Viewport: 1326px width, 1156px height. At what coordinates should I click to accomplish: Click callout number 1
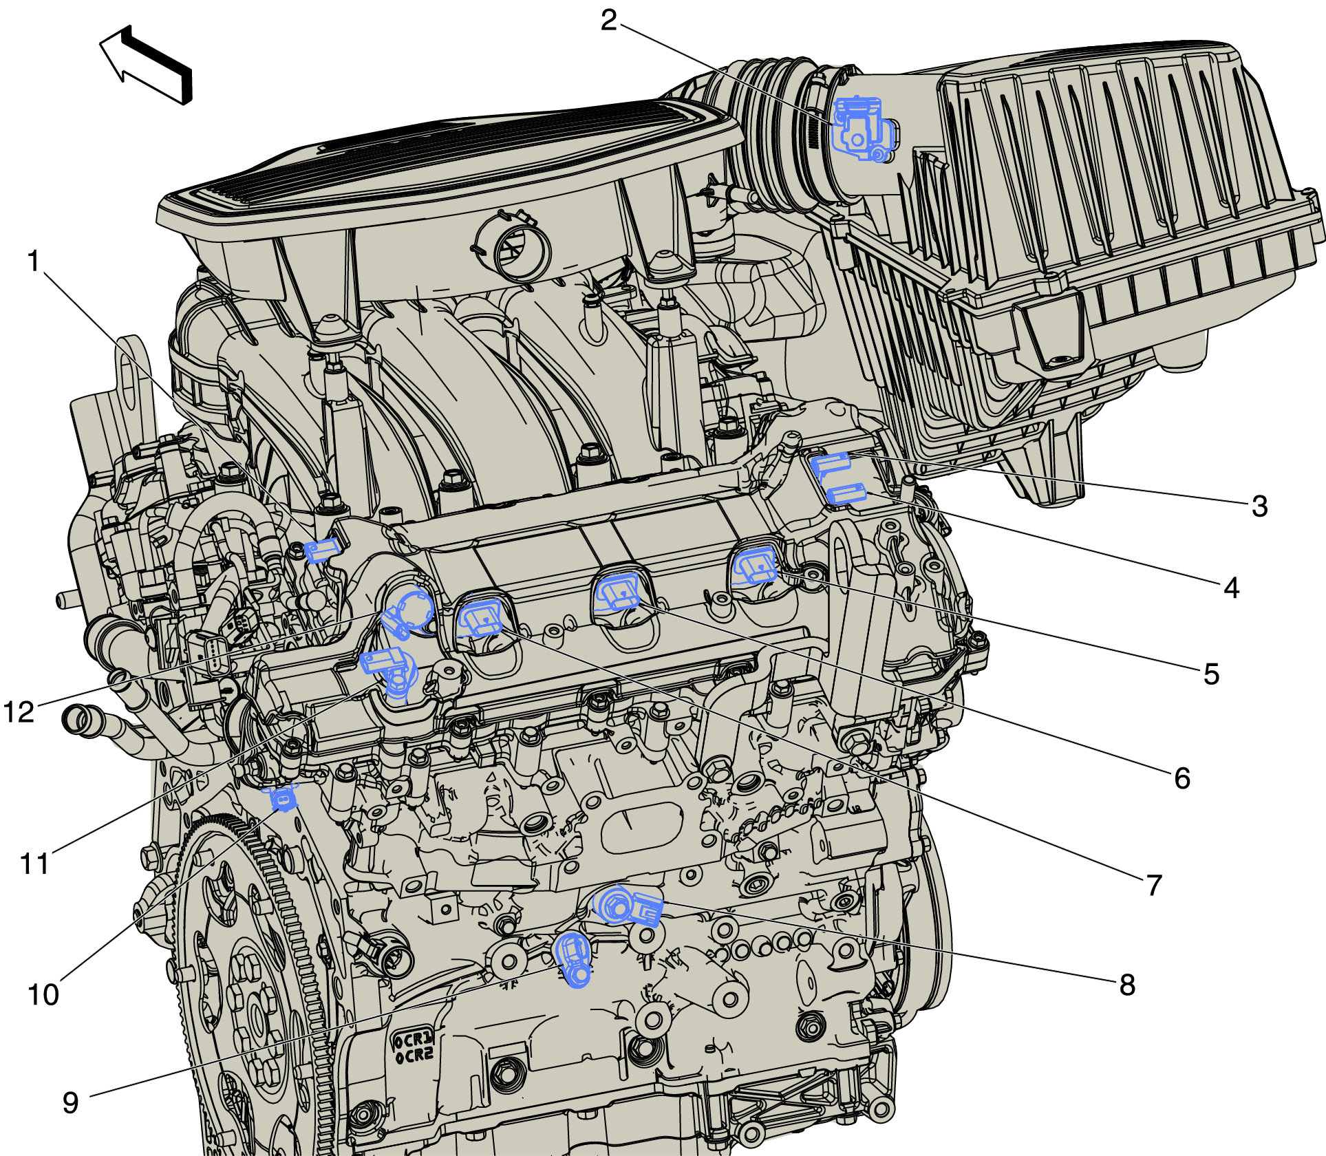pos(34,261)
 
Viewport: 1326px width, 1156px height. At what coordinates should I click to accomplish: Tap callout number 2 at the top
pos(608,21)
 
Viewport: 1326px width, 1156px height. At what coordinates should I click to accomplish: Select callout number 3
pos(1259,506)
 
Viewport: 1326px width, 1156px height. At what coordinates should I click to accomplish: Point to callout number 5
pos(1211,674)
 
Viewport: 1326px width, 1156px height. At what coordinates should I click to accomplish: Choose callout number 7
pos(1155,885)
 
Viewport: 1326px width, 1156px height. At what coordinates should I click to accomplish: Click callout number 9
pos(71,1102)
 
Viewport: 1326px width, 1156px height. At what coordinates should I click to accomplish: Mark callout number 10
pos(43,995)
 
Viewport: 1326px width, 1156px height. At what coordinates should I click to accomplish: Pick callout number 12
pos(19,712)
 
